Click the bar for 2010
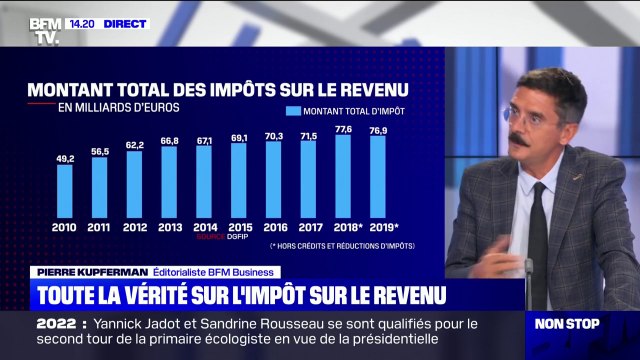pos(65,189)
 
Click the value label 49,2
pos(65,157)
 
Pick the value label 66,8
pos(169,141)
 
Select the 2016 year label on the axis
pos(273,227)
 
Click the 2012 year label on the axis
pos(134,227)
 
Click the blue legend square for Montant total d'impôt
pos(293,111)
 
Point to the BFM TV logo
pos(44,31)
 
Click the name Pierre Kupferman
pos(81,271)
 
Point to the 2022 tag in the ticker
pos(58,324)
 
